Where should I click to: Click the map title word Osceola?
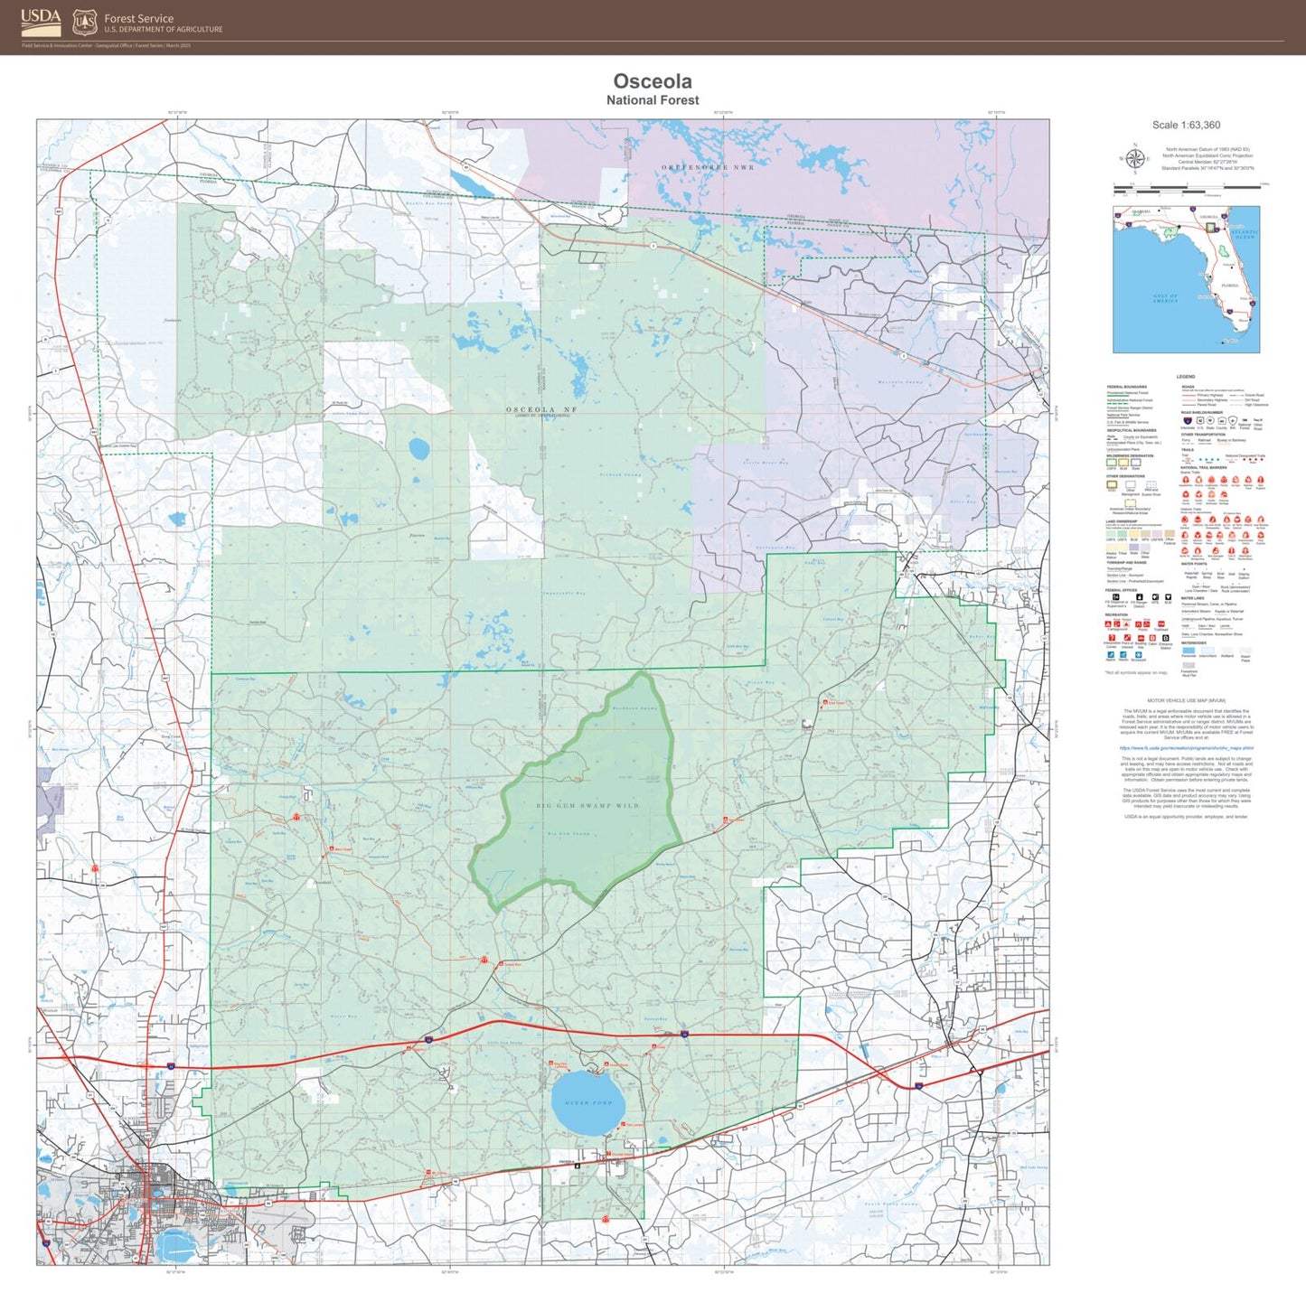coord(653,81)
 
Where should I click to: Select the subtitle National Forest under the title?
coord(653,100)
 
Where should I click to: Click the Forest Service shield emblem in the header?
coord(85,22)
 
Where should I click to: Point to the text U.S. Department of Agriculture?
coord(163,30)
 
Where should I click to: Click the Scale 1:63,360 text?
coord(1186,126)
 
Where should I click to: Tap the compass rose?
coord(1134,157)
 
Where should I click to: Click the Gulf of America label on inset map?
coord(1165,297)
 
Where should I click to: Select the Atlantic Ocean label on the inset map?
coord(1244,234)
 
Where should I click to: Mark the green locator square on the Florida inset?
coord(1212,228)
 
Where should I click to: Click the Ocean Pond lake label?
coord(588,1103)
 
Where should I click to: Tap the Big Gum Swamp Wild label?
coord(587,805)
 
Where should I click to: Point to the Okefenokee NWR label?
coord(707,167)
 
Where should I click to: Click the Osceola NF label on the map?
coord(540,409)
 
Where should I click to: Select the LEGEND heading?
coord(1186,377)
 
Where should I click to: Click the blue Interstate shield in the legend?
coord(1187,420)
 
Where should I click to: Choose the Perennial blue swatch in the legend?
coord(1189,650)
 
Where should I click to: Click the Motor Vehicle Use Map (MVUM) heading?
coord(1186,700)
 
